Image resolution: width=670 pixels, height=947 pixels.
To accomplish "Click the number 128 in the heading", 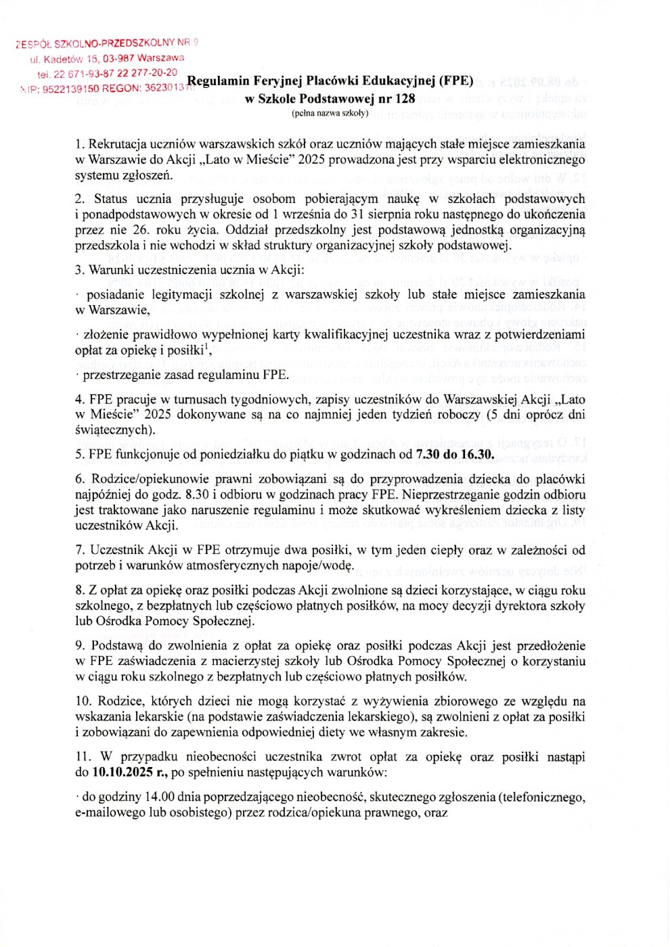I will click(x=405, y=98).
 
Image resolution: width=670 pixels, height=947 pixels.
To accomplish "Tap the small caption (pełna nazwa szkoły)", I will click(x=330, y=113).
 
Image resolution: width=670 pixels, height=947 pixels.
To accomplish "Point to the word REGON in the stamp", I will click(x=122, y=88).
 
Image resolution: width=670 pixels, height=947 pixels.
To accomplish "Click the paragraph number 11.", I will click(x=83, y=756).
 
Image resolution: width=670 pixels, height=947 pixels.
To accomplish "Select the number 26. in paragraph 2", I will click(x=141, y=229).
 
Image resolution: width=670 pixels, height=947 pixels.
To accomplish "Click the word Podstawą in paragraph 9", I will click(x=116, y=645).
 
